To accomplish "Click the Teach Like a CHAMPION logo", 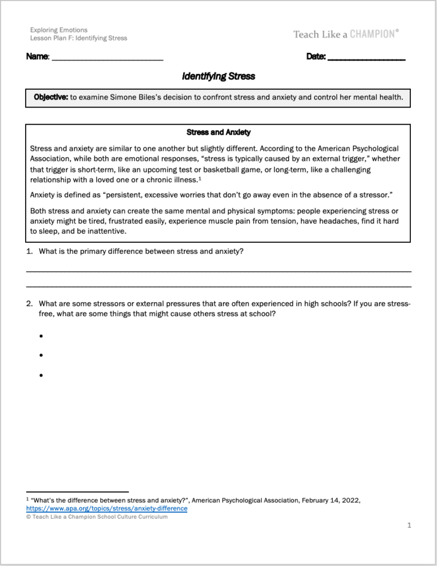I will [346, 34].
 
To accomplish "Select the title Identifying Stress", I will [218, 76].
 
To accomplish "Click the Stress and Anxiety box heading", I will [218, 133].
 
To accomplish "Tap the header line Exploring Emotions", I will [59, 30].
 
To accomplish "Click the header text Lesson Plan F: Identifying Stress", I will [79, 38].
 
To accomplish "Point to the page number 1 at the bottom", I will [409, 526].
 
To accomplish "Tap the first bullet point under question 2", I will [42, 336].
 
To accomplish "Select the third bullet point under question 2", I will [42, 375].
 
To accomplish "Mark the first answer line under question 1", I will [218, 271].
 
